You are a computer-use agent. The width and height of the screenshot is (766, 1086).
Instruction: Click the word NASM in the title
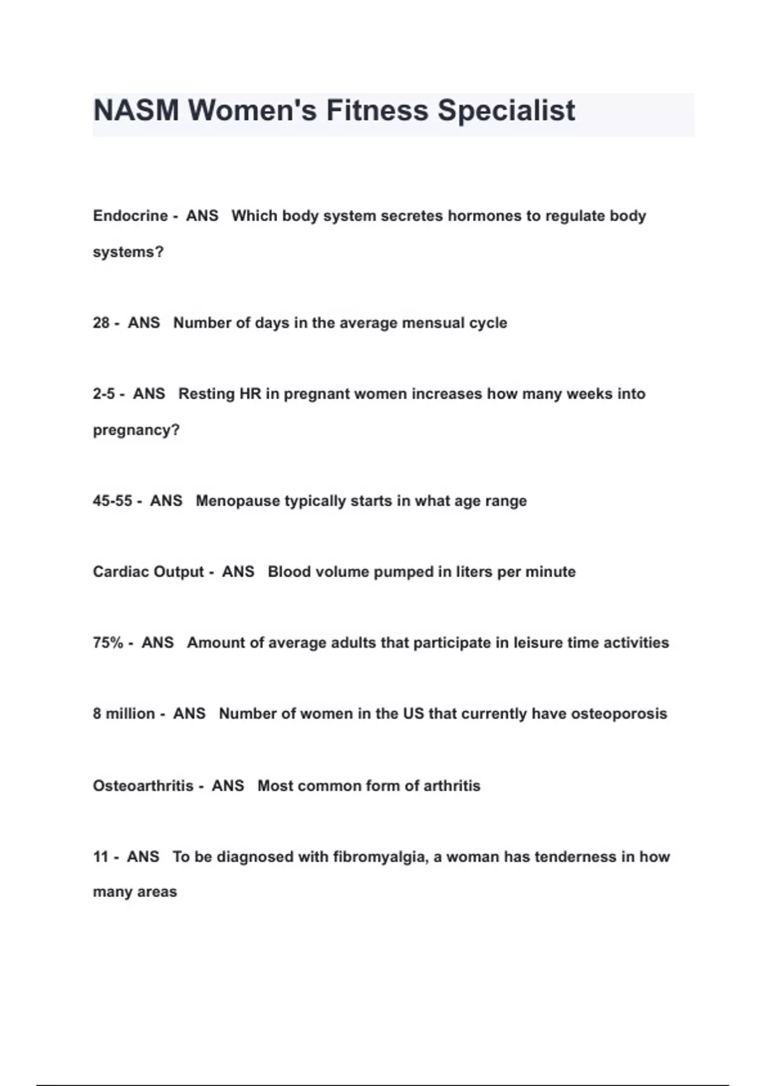click(136, 111)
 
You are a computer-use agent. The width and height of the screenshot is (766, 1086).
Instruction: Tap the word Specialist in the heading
click(506, 111)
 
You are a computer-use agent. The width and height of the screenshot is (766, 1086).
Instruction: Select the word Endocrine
click(130, 216)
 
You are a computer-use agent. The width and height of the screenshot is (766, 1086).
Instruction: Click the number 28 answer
click(101, 323)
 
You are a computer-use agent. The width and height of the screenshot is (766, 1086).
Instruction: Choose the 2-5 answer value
click(103, 394)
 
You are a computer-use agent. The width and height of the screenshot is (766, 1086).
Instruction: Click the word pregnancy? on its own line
click(136, 430)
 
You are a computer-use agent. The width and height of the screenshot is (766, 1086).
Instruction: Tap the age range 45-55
click(112, 501)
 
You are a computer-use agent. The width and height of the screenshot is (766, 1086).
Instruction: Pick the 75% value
click(108, 643)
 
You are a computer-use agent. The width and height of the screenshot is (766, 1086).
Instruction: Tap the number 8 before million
click(97, 714)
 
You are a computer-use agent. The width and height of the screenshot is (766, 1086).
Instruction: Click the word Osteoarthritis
click(143, 786)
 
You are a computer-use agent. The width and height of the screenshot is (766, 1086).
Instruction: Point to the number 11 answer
click(101, 857)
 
